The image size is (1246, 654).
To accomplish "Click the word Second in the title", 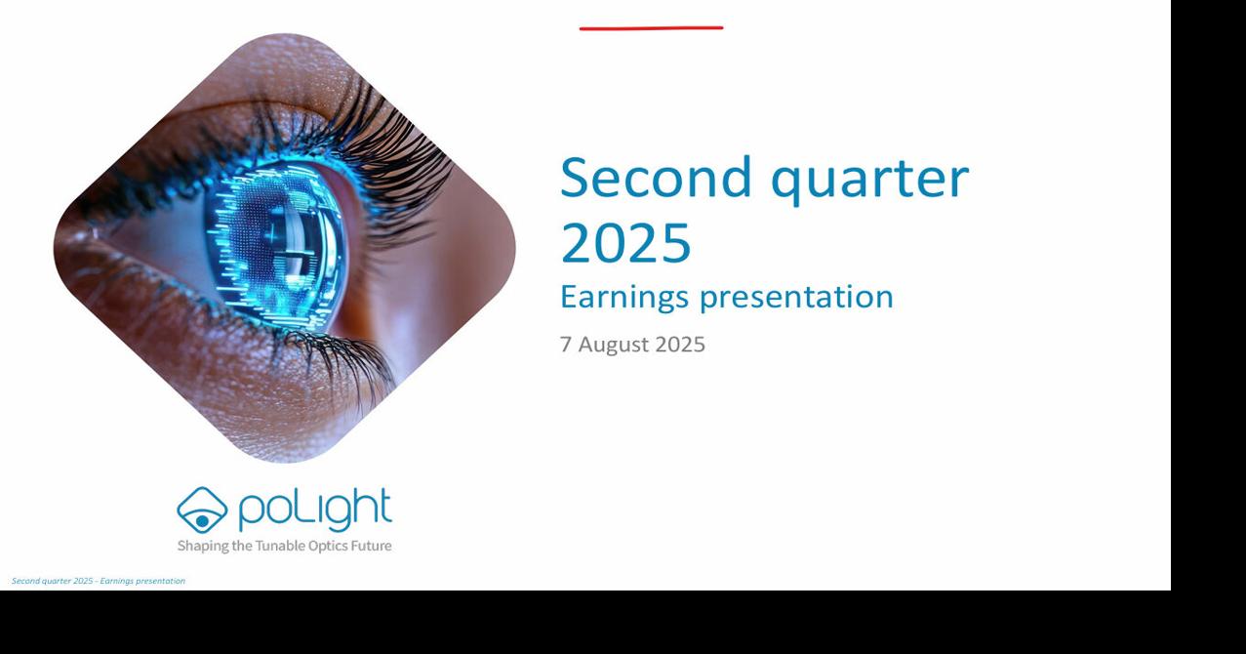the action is pos(656,177).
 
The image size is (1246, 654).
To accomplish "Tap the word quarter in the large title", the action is pos(870,180).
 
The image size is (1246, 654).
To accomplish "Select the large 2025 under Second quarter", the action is pos(625,243).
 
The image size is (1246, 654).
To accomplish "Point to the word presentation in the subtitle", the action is pos(796,298).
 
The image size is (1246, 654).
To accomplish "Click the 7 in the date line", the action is pos(565,345).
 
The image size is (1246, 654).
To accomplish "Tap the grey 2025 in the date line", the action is pos(680,345).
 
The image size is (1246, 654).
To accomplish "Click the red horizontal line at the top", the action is pos(652,28).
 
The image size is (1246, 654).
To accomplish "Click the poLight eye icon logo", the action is pos(202,510).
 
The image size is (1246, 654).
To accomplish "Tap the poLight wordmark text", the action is pos(315,510).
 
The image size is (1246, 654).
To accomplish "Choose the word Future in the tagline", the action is pos(371,546).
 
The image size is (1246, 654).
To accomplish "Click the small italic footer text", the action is pos(99,581).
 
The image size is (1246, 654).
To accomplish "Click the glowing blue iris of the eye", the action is pos(276,245).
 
